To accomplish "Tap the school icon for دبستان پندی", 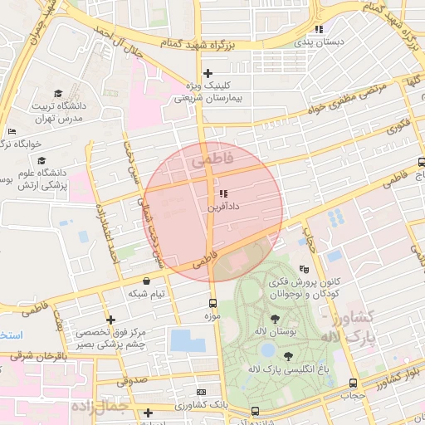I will click(319, 29).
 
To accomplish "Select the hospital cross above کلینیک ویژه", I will click(208, 74).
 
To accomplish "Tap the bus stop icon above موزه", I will click(213, 304).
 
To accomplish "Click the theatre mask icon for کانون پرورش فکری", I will click(305, 269).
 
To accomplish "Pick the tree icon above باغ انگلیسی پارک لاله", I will click(288, 356).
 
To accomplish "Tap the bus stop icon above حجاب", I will click(354, 383).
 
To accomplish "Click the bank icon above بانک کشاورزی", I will click(200, 392).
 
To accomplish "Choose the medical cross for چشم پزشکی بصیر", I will click(110, 320).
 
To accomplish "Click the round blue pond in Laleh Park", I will click(266, 350).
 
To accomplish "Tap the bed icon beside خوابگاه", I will click(12, 132).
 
